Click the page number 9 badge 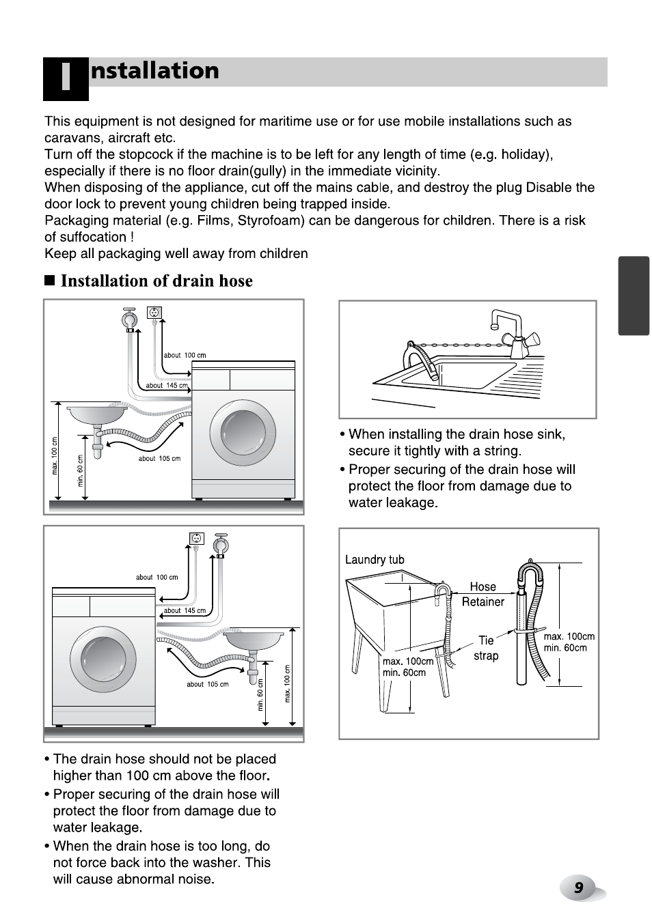[x=578, y=887]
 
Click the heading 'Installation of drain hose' [x=157, y=281]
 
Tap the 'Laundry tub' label [x=375, y=560]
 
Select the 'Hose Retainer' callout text [x=483, y=594]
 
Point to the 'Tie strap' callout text [x=486, y=648]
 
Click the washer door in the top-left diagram [x=243, y=434]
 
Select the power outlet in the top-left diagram [x=154, y=313]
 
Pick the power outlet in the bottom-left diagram [x=197, y=539]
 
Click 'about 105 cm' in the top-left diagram [x=159, y=459]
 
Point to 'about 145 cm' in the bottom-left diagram [x=185, y=610]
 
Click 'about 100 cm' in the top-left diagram [x=185, y=355]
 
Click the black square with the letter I [x=66, y=79]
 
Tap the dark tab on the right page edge [x=633, y=296]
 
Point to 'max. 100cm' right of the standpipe [x=569, y=636]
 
